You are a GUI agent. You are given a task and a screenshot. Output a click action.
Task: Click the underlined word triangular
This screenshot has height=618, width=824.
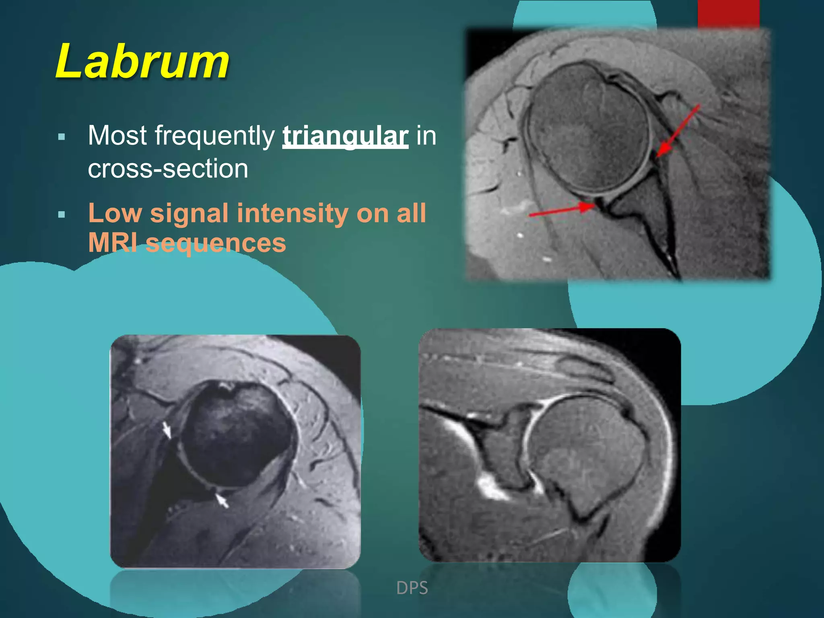(x=345, y=136)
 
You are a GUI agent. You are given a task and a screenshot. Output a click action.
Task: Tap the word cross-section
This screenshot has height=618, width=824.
(x=168, y=168)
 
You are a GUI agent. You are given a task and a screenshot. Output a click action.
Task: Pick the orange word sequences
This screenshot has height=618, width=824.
(x=216, y=243)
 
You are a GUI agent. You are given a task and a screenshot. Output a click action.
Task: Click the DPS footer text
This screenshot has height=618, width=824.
(x=412, y=588)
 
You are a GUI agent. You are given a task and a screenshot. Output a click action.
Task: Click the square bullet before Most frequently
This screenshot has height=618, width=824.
(x=62, y=137)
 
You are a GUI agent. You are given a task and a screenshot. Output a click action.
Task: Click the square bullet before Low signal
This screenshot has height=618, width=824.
(x=62, y=214)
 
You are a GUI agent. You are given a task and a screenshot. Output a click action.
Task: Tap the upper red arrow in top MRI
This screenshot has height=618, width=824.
(x=678, y=131)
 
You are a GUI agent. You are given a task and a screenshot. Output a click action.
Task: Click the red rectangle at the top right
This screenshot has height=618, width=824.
(x=728, y=14)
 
